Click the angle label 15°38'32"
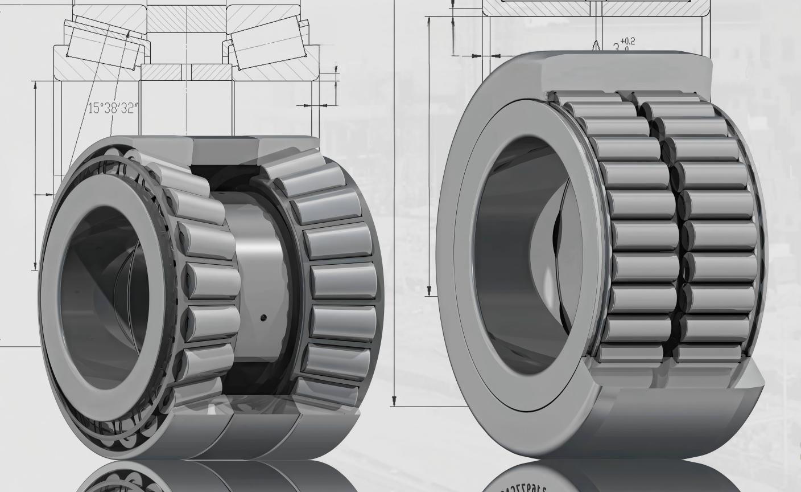[x=113, y=108]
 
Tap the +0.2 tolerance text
[x=627, y=41]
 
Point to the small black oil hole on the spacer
[x=263, y=317]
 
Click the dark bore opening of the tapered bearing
[x=102, y=296]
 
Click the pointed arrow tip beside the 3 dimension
[x=596, y=46]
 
